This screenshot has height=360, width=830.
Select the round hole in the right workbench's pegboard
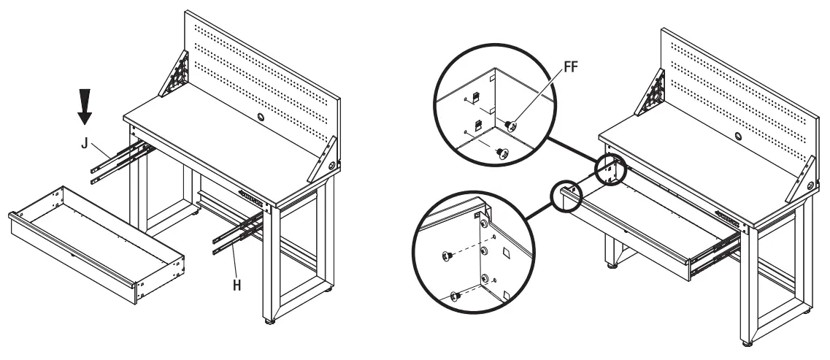(x=737, y=137)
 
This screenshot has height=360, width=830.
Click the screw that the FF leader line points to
(x=510, y=126)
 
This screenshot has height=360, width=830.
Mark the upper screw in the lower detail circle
(x=447, y=256)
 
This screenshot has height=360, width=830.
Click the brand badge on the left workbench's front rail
(x=253, y=194)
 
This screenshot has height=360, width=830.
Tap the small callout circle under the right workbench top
(x=610, y=169)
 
